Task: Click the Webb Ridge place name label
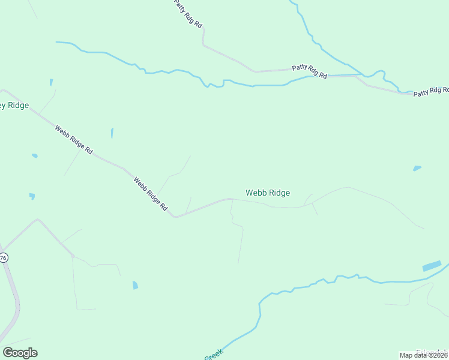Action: click(268, 193)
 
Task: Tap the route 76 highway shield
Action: click(3, 257)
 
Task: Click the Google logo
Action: click(20, 353)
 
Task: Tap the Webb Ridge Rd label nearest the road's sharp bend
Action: click(151, 193)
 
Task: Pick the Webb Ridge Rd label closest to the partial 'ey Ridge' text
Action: click(73, 139)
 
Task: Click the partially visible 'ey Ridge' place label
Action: click(13, 106)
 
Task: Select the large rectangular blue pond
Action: click(432, 266)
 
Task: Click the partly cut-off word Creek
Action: click(214, 355)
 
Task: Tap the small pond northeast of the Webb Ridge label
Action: click(417, 168)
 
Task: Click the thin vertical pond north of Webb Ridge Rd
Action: click(112, 133)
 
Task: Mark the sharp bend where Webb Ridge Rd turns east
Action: click(175, 216)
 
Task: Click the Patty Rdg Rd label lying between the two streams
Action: click(310, 71)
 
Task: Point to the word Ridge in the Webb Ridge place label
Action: click(279, 193)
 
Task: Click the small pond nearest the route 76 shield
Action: click(32, 196)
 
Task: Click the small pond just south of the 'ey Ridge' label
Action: click(35, 156)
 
